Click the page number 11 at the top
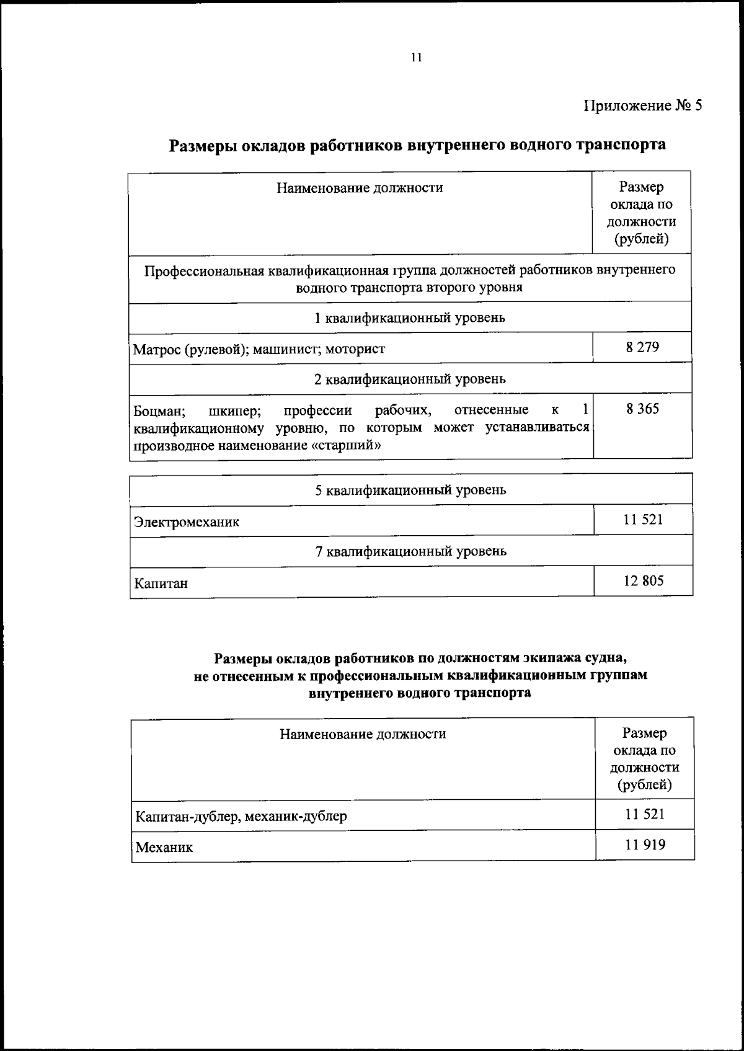416,58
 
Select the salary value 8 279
642,347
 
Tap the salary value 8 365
642,409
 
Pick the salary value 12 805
644,581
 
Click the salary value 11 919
645,844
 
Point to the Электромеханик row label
187,522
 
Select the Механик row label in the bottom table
164,847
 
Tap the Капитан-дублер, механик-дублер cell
241,816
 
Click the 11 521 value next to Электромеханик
643,520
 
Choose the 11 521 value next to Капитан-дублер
645,814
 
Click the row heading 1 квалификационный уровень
410,318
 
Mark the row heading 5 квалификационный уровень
410,490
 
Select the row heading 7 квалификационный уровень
410,551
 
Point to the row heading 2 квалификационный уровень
410,379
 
